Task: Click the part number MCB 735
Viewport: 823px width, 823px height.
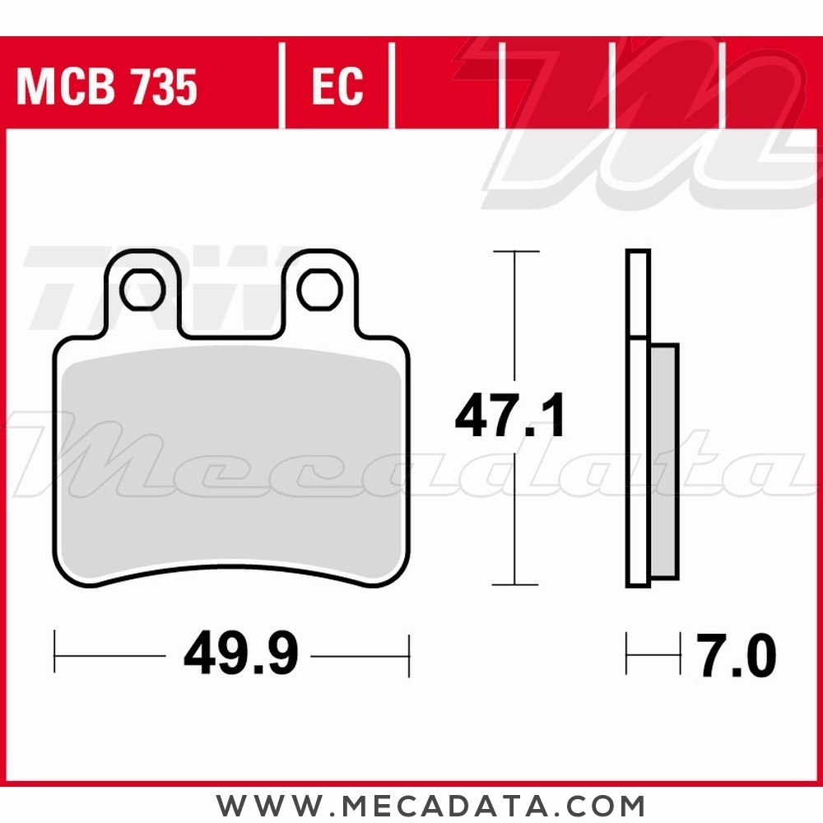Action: (107, 86)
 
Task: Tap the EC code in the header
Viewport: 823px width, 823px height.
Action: (337, 86)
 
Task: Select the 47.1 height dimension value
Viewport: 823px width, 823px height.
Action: (510, 418)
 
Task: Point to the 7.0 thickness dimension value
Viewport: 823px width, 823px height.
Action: (737, 656)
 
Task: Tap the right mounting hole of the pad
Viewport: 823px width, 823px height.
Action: (319, 290)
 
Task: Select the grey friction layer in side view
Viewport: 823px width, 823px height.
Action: (663, 461)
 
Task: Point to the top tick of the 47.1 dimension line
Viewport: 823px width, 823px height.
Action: (515, 251)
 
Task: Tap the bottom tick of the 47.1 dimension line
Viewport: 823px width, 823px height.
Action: (515, 584)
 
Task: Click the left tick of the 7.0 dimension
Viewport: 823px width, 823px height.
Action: (627, 655)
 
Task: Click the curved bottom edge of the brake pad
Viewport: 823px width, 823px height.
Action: (230, 568)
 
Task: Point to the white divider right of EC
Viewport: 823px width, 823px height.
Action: (392, 86)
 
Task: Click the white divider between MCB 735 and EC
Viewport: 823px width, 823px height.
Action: (282, 86)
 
